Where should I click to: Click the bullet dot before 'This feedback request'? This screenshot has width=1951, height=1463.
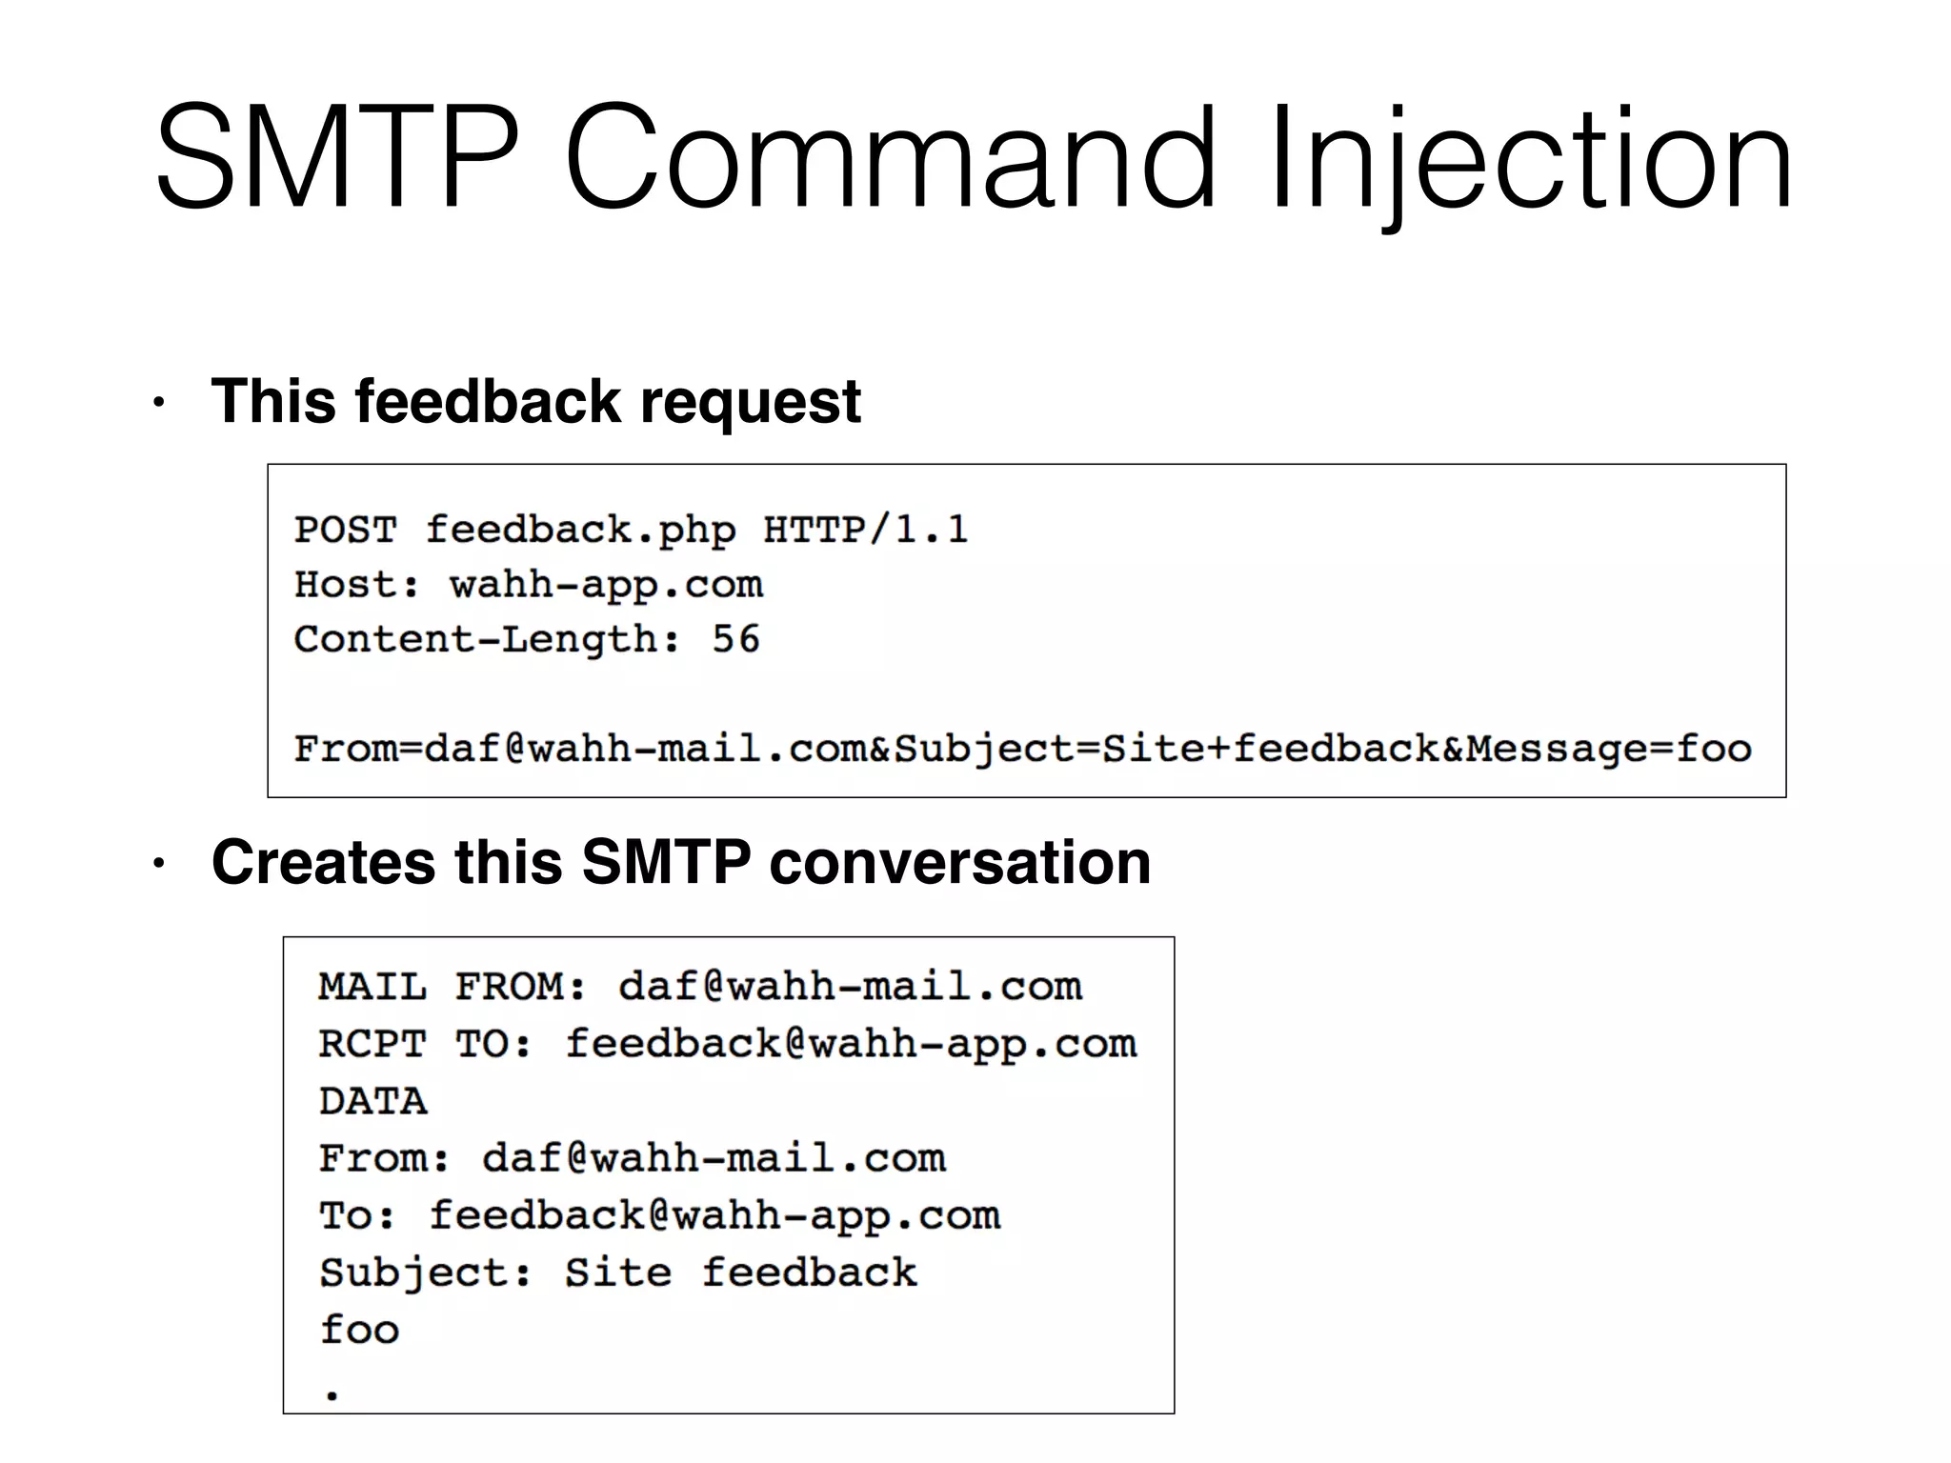pyautogui.click(x=159, y=403)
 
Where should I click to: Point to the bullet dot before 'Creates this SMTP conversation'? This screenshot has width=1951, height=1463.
pyautogui.click(x=159, y=864)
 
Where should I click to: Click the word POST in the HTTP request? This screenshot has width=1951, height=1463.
pyautogui.click(x=346, y=530)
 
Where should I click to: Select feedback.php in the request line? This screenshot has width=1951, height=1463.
pyautogui.click(x=580, y=530)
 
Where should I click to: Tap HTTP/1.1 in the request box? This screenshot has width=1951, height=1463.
pyautogui.click(x=865, y=530)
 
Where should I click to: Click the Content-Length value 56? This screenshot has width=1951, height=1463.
pyautogui.click(x=735, y=639)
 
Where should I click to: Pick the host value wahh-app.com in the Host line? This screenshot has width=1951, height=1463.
pyautogui.click(x=606, y=585)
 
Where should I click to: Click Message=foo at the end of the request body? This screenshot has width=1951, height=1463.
pyautogui.click(x=1608, y=749)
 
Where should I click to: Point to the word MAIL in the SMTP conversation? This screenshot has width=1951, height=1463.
pyautogui.click(x=372, y=987)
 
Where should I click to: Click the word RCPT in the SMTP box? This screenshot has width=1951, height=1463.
pyautogui.click(x=372, y=1044)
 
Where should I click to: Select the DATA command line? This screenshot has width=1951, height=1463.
pyautogui.click(x=372, y=1102)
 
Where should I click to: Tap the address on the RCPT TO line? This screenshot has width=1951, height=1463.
pyautogui.click(x=851, y=1044)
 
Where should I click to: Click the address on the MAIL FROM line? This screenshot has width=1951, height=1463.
pyautogui.click(x=850, y=987)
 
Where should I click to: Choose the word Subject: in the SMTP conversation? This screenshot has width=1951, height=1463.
pyautogui.click(x=426, y=1273)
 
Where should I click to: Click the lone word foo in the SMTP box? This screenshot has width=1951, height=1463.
pyautogui.click(x=359, y=1330)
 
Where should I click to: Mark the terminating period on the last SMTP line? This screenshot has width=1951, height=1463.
pyautogui.click(x=332, y=1395)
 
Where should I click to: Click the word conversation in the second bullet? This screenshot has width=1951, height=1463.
pyautogui.click(x=959, y=862)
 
